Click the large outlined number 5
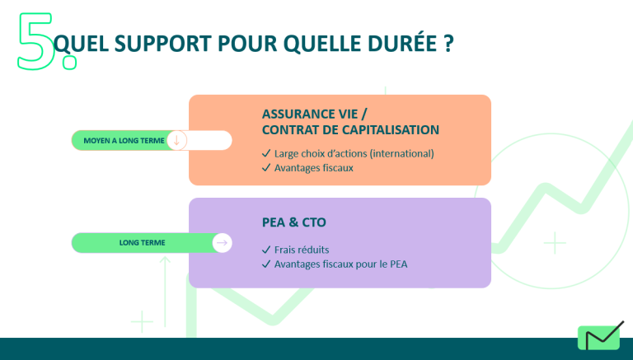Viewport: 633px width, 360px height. pos(35,41)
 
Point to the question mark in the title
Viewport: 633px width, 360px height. pos(448,44)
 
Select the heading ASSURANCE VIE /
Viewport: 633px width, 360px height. pos(315,115)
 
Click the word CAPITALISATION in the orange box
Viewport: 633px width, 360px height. pos(391,130)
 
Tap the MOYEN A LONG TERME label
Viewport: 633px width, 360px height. pos(124,140)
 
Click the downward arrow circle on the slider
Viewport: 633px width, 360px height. pos(176,140)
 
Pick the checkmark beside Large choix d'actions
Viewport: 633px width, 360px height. pos(266,153)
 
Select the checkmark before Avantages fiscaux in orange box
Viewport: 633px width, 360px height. pos(266,167)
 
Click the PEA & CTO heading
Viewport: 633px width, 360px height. pos(294,222)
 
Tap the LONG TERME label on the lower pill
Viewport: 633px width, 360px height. pos(142,242)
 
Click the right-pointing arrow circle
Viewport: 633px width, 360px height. pos(222,242)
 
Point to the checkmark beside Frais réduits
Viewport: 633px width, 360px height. pos(266,250)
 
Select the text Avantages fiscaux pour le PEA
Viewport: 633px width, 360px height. pos(340,264)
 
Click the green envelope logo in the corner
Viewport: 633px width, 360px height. pos(601,336)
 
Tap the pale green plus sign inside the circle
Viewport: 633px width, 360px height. pos(555,243)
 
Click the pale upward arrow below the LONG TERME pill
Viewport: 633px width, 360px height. pos(165,292)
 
